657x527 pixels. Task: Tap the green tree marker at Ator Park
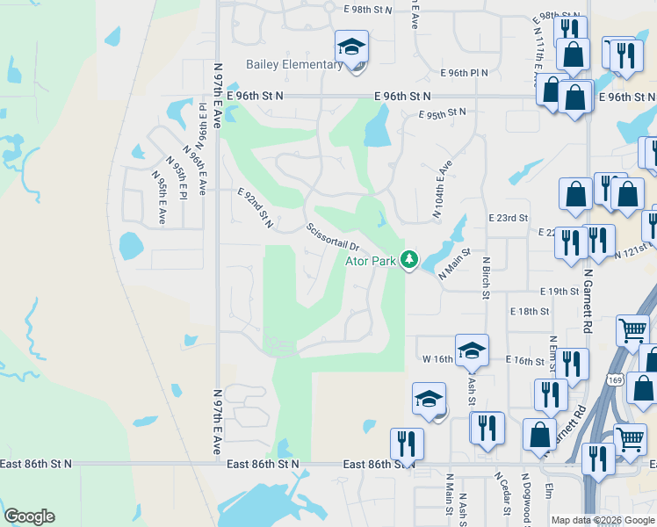[408, 259]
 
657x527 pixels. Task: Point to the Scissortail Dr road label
[333, 237]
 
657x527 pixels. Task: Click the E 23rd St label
[509, 217]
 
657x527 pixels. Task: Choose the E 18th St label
[529, 311]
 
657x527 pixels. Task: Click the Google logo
[29, 516]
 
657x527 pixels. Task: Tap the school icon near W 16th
[472, 350]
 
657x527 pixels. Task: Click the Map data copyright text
[603, 520]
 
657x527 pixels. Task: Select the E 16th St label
[526, 361]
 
